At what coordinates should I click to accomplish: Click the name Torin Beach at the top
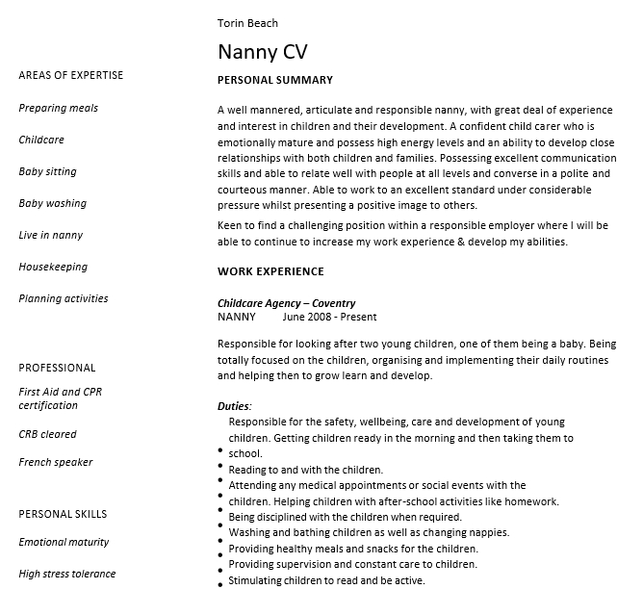(x=247, y=23)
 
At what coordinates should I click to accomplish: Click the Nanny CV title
(x=262, y=51)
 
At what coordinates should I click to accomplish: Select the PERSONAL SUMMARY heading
(x=275, y=80)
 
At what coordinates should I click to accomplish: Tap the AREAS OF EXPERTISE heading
(x=70, y=75)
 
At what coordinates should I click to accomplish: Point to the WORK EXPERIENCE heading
(x=270, y=271)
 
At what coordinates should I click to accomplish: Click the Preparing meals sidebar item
(x=58, y=108)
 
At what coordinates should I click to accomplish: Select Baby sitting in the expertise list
(x=47, y=171)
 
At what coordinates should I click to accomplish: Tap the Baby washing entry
(x=52, y=203)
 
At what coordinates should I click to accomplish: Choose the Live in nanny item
(x=50, y=235)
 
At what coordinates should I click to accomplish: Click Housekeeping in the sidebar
(x=53, y=267)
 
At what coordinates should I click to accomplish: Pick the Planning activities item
(x=63, y=298)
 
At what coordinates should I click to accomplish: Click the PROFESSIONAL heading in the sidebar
(x=57, y=368)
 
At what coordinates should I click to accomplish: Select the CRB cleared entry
(x=47, y=434)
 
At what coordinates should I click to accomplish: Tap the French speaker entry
(x=55, y=462)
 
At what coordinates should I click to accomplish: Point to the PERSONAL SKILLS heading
(x=63, y=514)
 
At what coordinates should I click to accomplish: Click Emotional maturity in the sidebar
(x=64, y=542)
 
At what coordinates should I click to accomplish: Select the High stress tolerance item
(x=66, y=574)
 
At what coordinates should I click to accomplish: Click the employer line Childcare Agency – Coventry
(x=286, y=303)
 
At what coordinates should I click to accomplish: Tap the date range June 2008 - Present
(x=329, y=317)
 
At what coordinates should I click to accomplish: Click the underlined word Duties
(x=233, y=406)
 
